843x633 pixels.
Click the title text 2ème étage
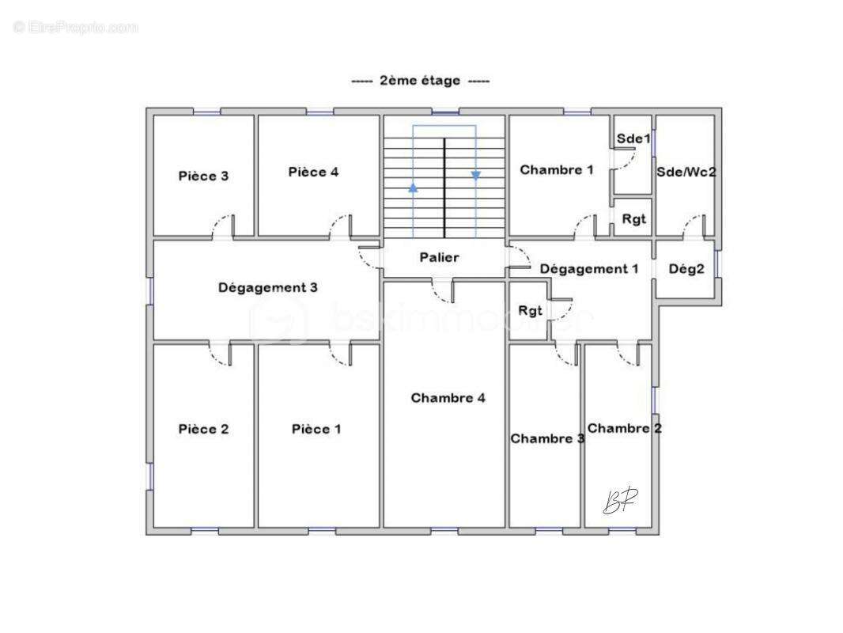[x=420, y=81]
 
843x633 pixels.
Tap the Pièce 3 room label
[x=203, y=176]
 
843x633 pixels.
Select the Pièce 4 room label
[x=313, y=172]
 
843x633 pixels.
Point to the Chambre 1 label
[x=557, y=169]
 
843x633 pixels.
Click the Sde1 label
[x=633, y=138]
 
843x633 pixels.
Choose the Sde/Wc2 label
[x=686, y=171]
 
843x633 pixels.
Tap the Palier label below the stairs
[x=439, y=257]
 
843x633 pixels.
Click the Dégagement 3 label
[x=267, y=287]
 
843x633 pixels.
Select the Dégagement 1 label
[x=589, y=269]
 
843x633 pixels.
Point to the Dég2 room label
[x=686, y=269]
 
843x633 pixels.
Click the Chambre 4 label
[x=448, y=398]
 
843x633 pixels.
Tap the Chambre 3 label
[x=547, y=438]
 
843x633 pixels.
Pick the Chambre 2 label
[x=625, y=428]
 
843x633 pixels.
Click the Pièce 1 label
[x=316, y=429]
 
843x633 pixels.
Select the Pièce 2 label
[x=203, y=429]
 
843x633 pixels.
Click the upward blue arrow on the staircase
[x=413, y=188]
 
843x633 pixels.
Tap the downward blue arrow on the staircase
[x=476, y=176]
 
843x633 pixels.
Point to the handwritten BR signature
[x=621, y=501]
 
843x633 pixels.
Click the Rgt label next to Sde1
[x=633, y=219]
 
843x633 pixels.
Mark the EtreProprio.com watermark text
[x=76, y=28]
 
